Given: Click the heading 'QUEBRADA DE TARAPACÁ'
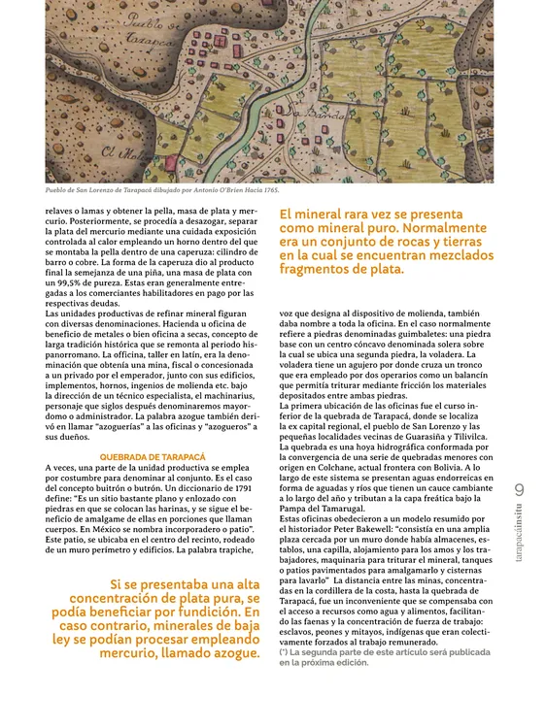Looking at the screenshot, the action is click(x=153, y=457).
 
